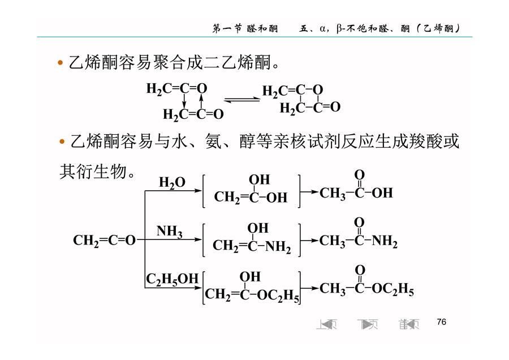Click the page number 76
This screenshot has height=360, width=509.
pos(442,322)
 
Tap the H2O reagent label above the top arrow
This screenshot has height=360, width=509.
pos(172,183)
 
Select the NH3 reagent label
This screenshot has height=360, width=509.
pos(170,232)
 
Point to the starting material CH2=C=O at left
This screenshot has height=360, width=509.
pos(104,241)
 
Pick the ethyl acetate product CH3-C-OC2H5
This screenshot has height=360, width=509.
pos(366,281)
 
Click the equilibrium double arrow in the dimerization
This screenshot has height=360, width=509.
pos(242,100)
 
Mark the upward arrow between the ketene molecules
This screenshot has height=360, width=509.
pos(201,101)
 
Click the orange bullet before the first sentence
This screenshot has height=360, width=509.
pos(60,63)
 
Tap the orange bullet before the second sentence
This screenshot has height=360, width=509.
pos(62,142)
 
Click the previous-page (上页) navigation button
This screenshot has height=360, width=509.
pos(326,324)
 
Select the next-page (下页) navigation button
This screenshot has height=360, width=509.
pos(368,324)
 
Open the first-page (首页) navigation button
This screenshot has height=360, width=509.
pos(409,324)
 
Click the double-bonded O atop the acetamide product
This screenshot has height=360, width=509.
pos(359,222)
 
